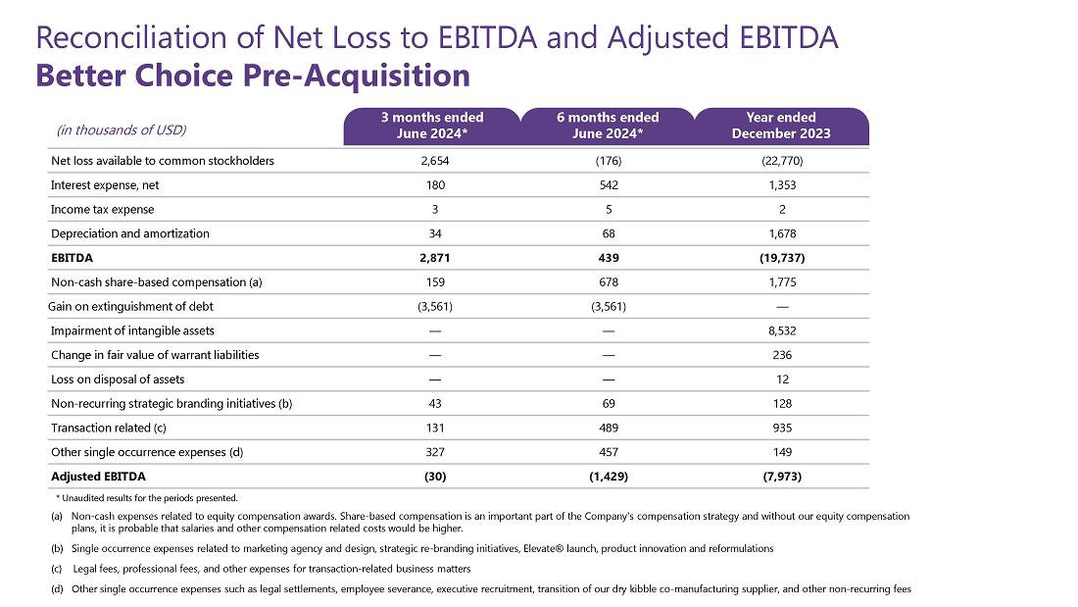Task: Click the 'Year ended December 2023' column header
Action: pos(781,126)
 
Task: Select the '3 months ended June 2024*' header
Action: pos(432,126)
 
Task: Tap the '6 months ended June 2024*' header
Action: pos(608,126)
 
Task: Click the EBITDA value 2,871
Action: pos(434,258)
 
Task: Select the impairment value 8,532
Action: pos(782,331)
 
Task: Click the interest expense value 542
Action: pos(609,185)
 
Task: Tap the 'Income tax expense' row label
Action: pos(103,209)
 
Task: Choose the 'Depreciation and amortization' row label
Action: pos(130,233)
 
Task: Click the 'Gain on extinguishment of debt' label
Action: pos(130,306)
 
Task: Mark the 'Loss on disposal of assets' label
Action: pos(118,379)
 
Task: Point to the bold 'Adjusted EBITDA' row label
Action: pos(98,477)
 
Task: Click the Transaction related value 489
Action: pos(609,429)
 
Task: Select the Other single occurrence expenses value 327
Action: pos(434,452)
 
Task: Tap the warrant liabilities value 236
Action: pos(782,355)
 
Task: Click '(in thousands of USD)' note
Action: pos(122,130)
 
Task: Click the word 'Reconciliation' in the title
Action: pos(131,37)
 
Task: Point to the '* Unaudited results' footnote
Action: pos(146,498)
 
